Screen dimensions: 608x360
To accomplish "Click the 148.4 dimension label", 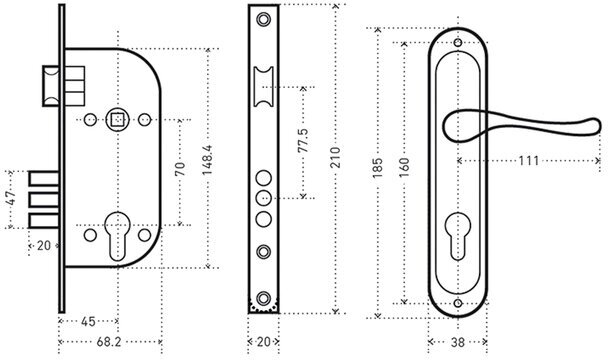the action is click(x=207, y=160).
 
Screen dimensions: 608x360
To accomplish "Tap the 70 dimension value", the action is click(x=180, y=169).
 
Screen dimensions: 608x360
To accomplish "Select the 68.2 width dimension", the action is click(x=109, y=342).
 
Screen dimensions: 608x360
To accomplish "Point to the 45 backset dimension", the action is click(x=88, y=322).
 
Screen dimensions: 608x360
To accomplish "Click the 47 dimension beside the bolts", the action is click(x=11, y=198).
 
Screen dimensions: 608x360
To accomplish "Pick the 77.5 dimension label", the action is click(x=304, y=140).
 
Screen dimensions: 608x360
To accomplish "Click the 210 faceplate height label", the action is click(x=335, y=157).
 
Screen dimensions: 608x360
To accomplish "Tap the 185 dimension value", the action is click(x=377, y=168).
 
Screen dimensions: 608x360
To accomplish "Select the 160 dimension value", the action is click(x=404, y=168).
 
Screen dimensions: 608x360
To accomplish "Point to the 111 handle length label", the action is click(x=529, y=160).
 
